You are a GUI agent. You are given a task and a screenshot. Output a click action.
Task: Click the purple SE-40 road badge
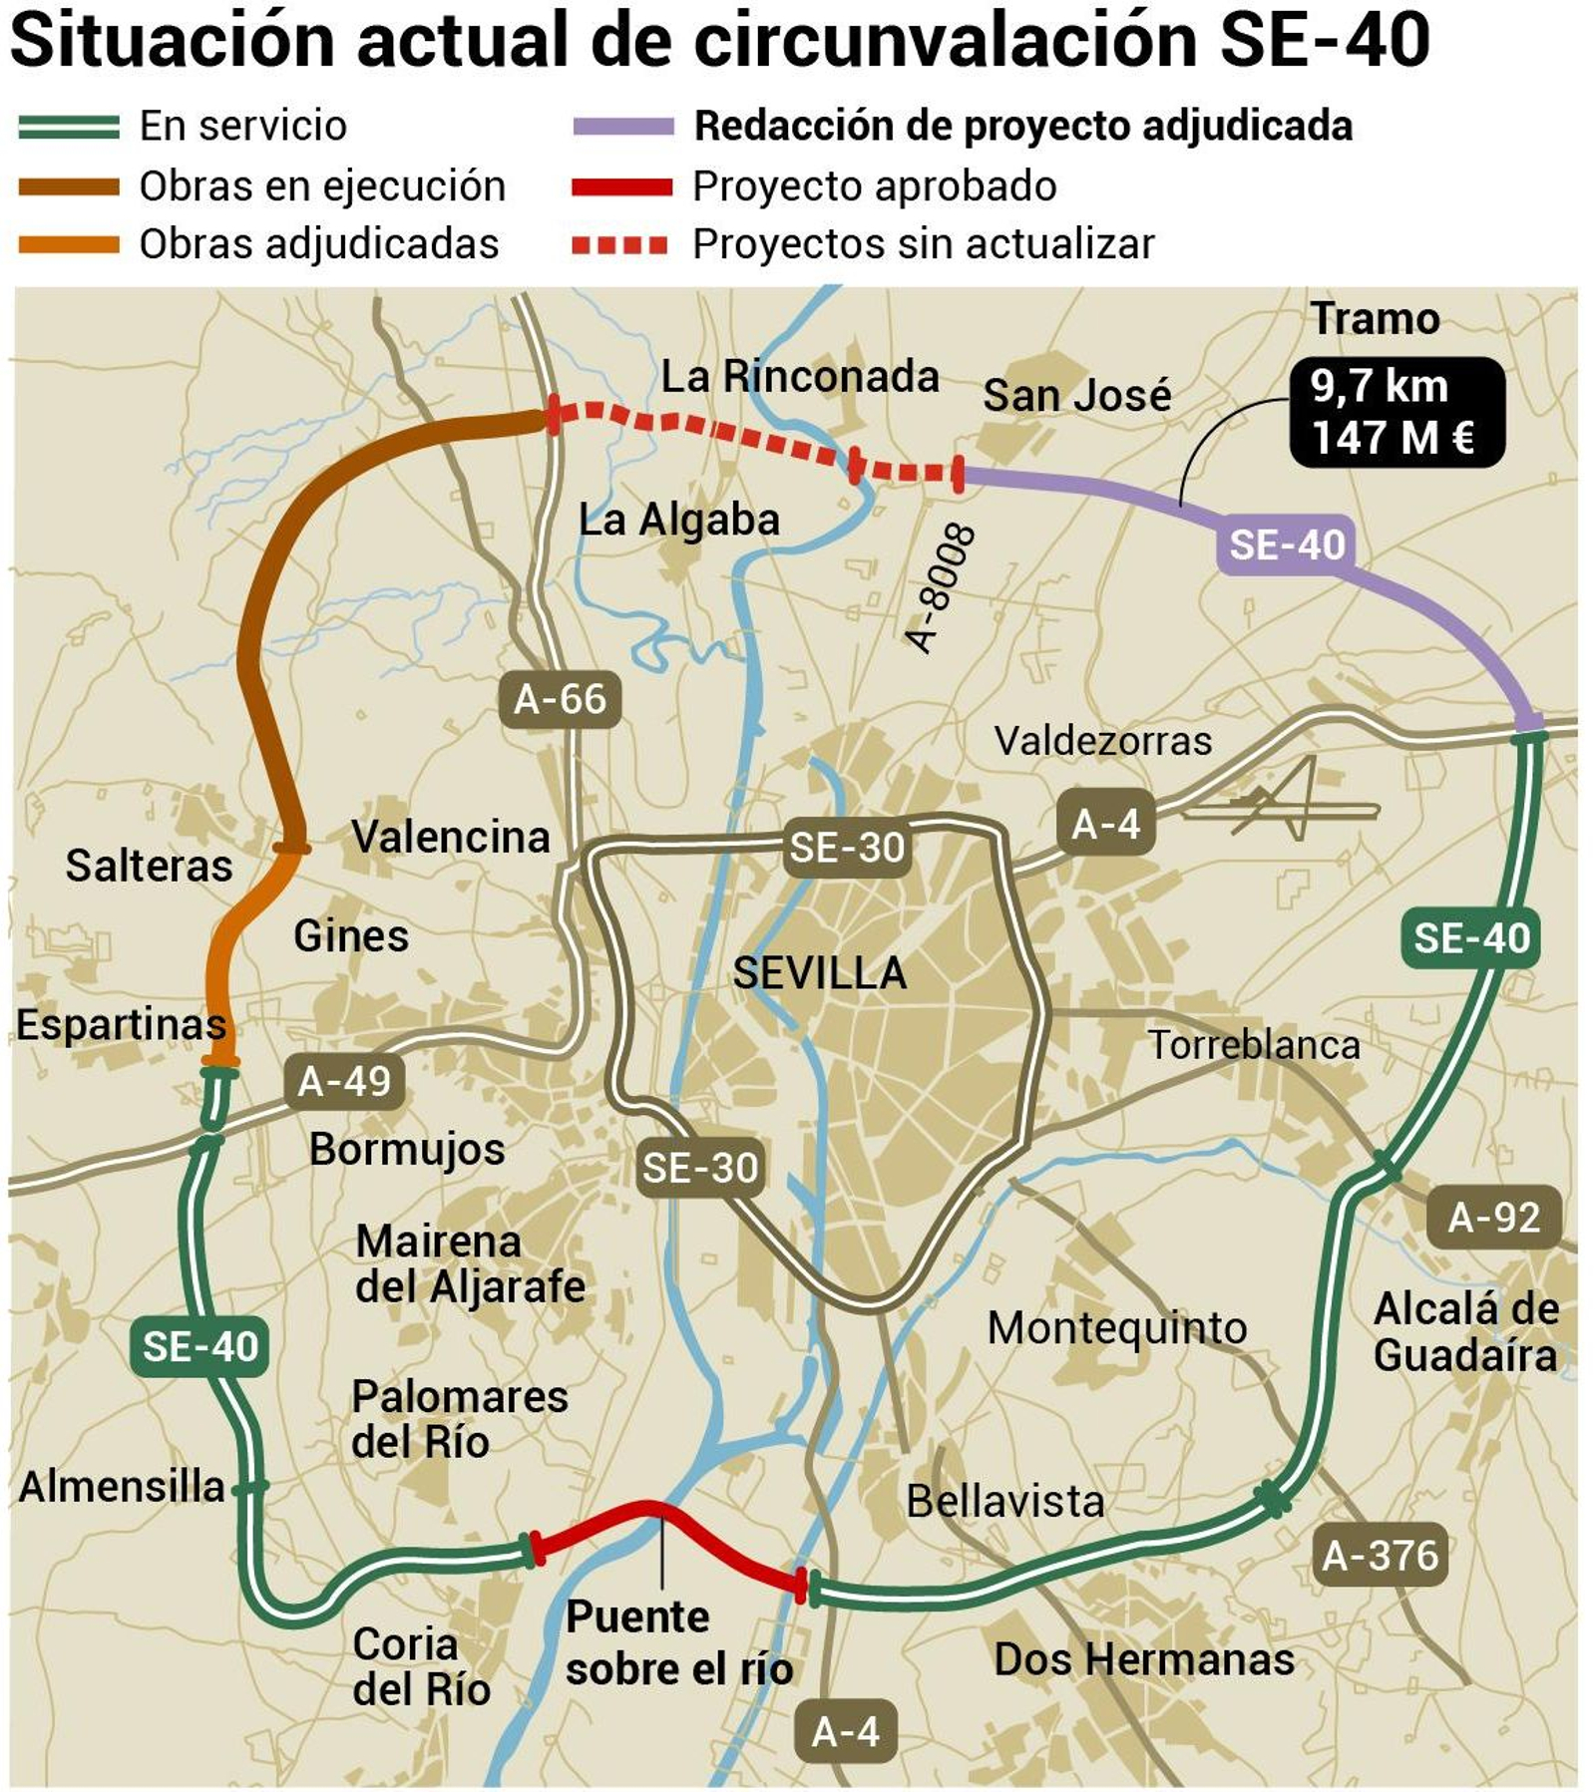point(1286,544)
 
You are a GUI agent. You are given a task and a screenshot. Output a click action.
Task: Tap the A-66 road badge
point(560,699)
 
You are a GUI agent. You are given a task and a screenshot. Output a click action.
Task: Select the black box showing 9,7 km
point(1396,412)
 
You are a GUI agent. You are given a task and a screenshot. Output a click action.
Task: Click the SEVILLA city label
point(819,972)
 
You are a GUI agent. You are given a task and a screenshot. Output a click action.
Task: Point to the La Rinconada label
point(800,376)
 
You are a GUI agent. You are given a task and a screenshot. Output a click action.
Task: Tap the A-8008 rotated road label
point(939,588)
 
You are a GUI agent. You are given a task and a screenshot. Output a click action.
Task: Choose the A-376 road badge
point(1380,1555)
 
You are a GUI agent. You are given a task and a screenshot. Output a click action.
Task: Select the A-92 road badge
point(1493,1217)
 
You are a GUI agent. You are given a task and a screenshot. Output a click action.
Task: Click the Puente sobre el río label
point(678,1642)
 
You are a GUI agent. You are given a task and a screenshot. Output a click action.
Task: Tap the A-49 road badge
point(344,1081)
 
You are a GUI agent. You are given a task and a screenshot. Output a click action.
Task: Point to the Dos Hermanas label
point(1144,1659)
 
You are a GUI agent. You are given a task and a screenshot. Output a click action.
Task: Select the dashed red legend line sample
point(619,244)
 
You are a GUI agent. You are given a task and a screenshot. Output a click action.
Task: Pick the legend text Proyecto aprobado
point(874,186)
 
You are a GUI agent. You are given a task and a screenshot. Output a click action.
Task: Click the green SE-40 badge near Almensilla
point(199,1347)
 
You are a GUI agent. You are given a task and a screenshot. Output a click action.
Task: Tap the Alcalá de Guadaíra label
point(1465,1331)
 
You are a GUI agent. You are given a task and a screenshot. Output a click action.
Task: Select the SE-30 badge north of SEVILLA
point(847,848)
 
